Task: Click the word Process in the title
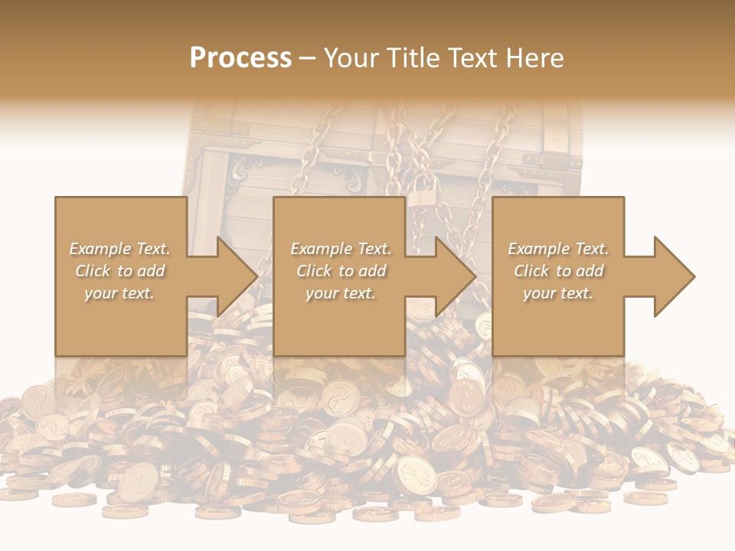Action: (x=240, y=57)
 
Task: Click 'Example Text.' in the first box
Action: (x=119, y=249)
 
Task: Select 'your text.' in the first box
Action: (x=119, y=293)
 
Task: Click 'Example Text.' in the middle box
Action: (x=341, y=249)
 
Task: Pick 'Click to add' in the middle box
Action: (x=341, y=271)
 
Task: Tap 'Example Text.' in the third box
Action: (x=558, y=249)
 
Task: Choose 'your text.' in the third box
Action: (x=558, y=293)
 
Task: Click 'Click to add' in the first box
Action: (x=119, y=271)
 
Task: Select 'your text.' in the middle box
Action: (x=341, y=293)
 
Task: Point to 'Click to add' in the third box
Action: (x=558, y=271)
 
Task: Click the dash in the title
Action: (x=307, y=58)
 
